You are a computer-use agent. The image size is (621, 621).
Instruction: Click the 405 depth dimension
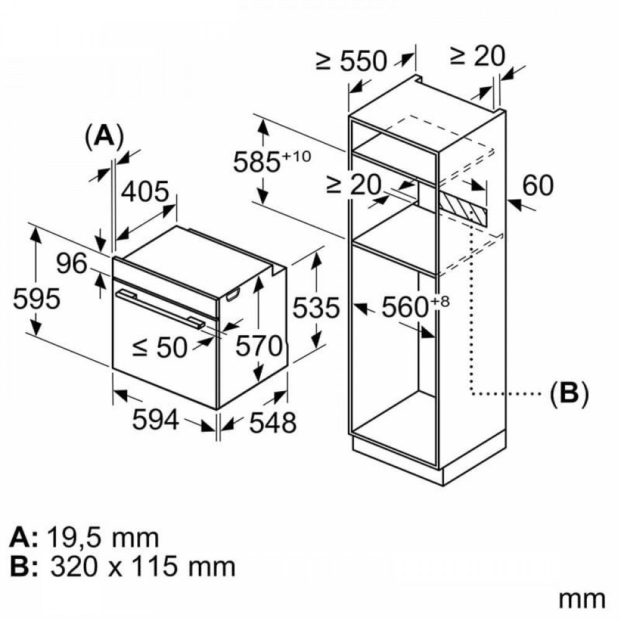145,192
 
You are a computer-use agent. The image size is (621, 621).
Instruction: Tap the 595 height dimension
37,298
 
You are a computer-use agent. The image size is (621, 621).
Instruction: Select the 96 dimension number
71,263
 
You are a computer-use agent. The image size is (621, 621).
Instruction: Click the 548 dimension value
273,422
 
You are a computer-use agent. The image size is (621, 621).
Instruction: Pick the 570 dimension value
259,346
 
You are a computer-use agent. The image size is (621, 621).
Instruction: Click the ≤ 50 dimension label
160,348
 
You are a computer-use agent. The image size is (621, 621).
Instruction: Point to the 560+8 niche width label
416,307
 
